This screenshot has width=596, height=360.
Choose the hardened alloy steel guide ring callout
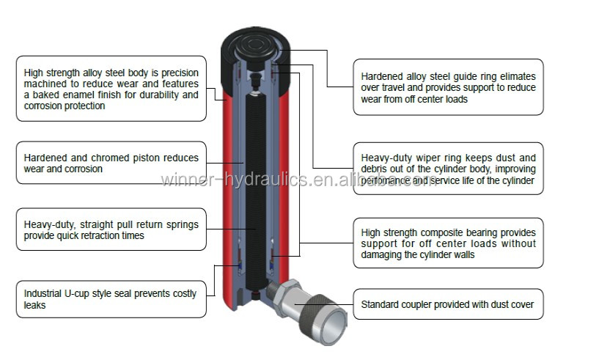click(x=448, y=87)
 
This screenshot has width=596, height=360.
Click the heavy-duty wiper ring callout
click(x=448, y=168)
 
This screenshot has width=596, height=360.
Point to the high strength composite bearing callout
click(x=448, y=243)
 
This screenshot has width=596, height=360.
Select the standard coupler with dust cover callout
click(x=448, y=304)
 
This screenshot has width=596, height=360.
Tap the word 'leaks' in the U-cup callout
click(x=35, y=304)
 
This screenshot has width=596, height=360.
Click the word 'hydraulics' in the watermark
click(x=279, y=180)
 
